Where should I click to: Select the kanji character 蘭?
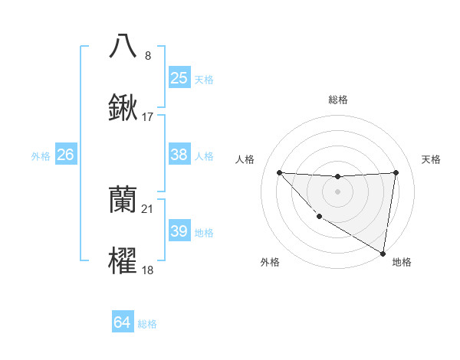click(x=123, y=200)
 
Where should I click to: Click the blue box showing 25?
click(x=179, y=78)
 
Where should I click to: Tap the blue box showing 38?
click(x=179, y=155)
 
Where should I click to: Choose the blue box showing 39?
click(x=179, y=231)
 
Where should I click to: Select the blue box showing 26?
click(x=65, y=155)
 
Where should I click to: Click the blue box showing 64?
click(x=122, y=323)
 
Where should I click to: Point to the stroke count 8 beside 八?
click(x=148, y=56)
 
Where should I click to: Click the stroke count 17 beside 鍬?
click(x=148, y=118)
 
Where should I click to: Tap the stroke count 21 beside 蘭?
click(x=148, y=209)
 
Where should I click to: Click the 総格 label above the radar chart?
click(x=337, y=100)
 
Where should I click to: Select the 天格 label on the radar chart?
click(x=431, y=159)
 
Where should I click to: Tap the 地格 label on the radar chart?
click(x=402, y=263)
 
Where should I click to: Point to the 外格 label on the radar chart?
click(x=270, y=263)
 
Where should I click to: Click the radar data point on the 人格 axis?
click(x=279, y=172)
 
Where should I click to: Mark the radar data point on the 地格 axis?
click(x=383, y=254)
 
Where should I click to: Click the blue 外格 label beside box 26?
click(x=41, y=156)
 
